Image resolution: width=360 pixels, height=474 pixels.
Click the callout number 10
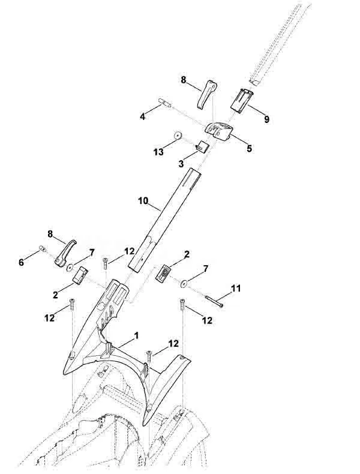click(143, 201)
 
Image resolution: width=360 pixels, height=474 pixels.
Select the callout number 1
click(136, 335)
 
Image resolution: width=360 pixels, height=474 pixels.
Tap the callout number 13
click(158, 152)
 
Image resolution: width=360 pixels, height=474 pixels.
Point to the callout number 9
click(266, 119)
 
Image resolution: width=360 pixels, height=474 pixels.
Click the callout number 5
click(250, 148)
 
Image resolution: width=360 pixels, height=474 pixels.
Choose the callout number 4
click(142, 116)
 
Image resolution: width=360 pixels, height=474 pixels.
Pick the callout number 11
click(236, 289)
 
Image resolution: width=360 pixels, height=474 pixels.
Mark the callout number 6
click(21, 262)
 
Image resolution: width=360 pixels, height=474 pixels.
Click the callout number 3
click(181, 164)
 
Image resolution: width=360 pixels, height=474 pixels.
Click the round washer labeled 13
click(178, 135)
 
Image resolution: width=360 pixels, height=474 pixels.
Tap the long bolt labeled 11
click(214, 301)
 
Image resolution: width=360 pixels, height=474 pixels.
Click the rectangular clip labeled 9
click(242, 101)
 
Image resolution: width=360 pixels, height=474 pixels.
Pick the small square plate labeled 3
click(202, 146)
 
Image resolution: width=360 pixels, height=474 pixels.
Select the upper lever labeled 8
click(207, 94)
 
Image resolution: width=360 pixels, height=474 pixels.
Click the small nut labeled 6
click(42, 248)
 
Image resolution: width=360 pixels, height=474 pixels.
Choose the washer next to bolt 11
click(184, 284)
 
